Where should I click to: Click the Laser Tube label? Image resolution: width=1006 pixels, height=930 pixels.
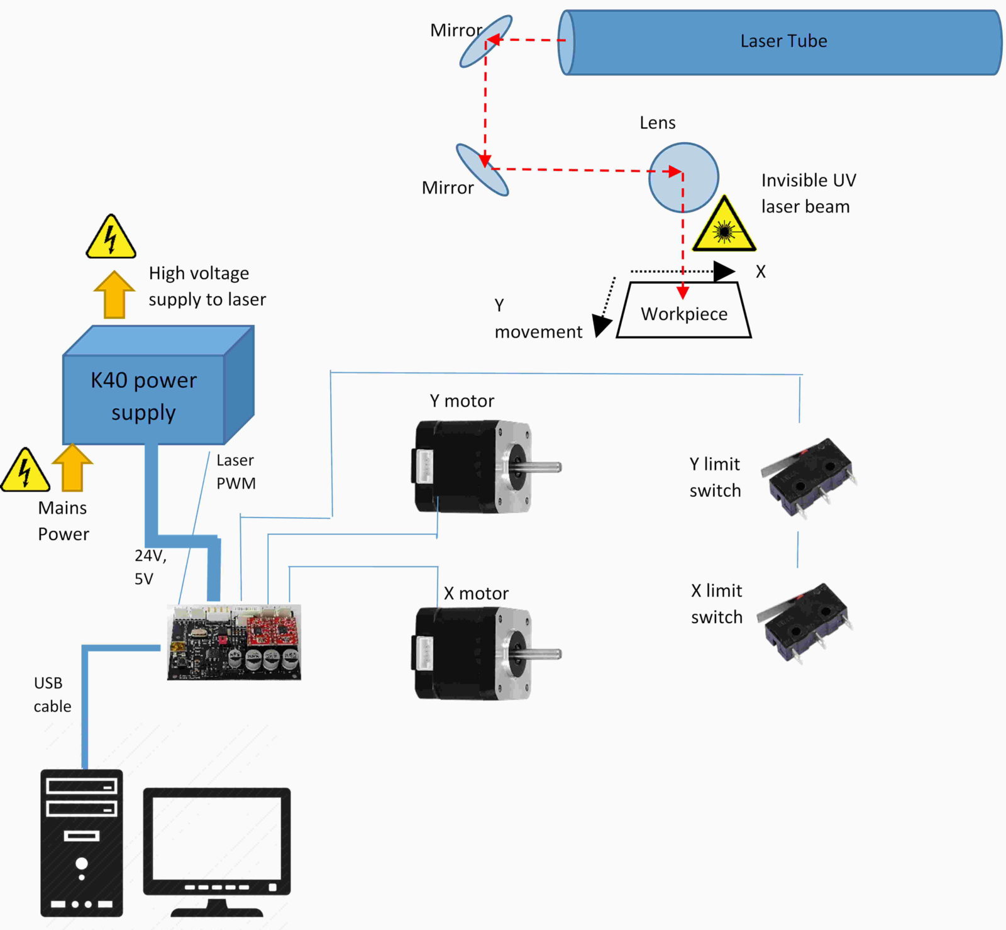pyautogui.click(x=783, y=42)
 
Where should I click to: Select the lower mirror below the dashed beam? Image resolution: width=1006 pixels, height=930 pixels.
pyautogui.click(x=482, y=170)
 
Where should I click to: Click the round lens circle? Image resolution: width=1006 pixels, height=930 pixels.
pyautogui.click(x=683, y=178)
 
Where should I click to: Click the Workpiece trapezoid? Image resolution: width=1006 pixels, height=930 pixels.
pyautogui.click(x=684, y=313)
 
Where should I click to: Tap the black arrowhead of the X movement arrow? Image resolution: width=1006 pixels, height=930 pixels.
pyautogui.click(x=724, y=272)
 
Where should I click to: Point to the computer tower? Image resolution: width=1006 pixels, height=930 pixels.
pyautogui.click(x=81, y=843)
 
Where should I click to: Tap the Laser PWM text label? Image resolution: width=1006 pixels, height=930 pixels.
pyautogui.click(x=236, y=472)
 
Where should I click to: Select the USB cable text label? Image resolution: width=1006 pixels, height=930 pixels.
pyautogui.click(x=52, y=695)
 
